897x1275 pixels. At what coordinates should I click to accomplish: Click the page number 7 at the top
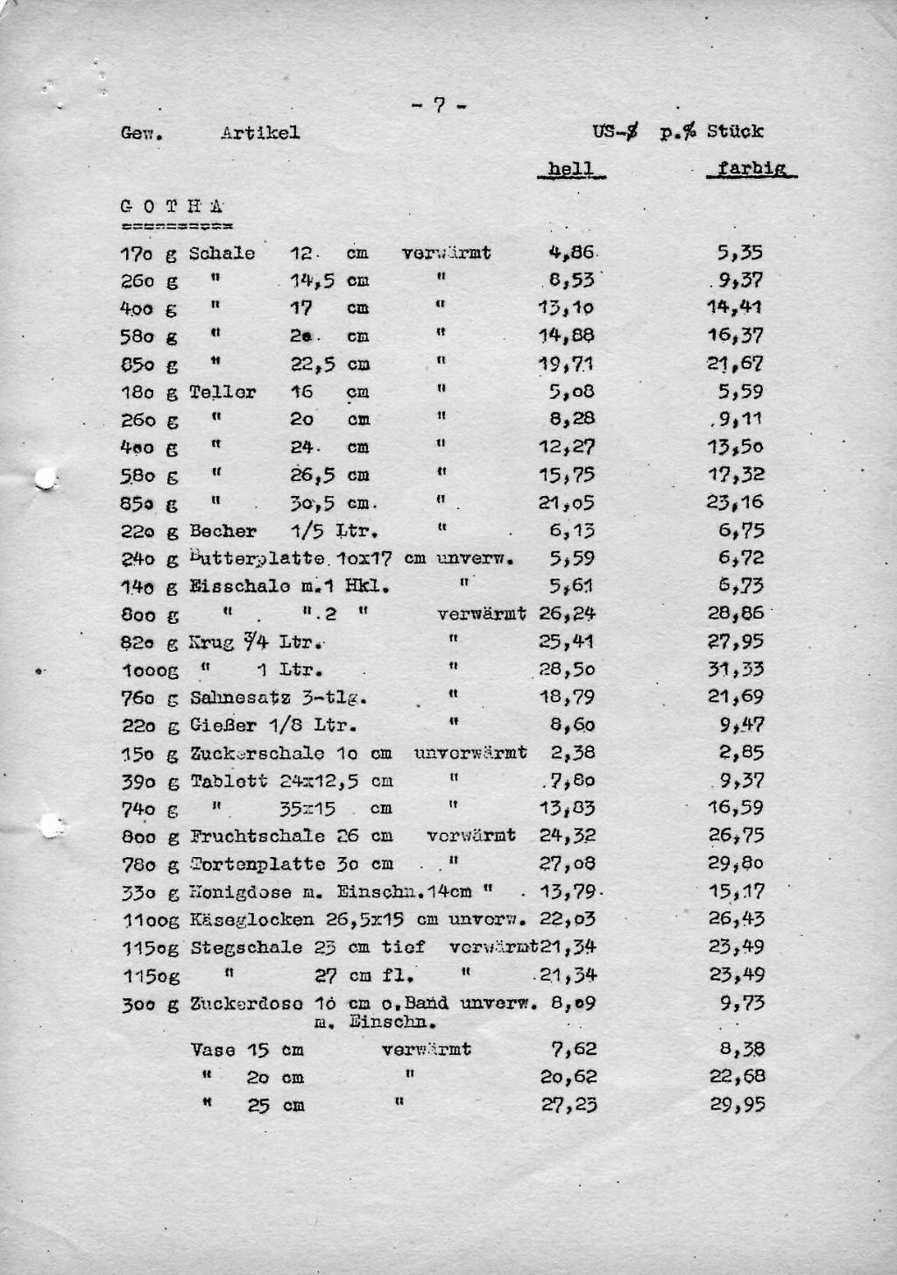[x=439, y=106]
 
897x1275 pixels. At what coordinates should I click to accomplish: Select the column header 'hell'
[x=570, y=169]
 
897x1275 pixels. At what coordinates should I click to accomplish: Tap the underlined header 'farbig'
[x=751, y=168]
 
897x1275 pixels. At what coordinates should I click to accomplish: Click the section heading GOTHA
[x=172, y=208]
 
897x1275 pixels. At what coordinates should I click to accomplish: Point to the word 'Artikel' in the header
[x=260, y=133]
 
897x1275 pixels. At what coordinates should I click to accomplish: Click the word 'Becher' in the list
[x=222, y=531]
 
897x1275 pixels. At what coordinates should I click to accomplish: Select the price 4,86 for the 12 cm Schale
[x=571, y=253]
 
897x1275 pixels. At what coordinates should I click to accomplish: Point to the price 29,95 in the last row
[x=737, y=1105]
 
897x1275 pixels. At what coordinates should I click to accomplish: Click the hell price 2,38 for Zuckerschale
[x=573, y=753]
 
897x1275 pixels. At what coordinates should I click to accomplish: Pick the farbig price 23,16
[x=736, y=503]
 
